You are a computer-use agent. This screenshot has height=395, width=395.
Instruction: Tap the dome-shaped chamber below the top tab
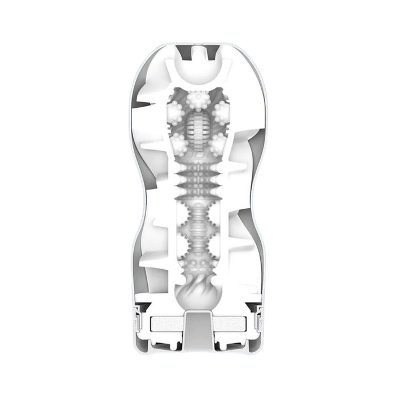[198, 72]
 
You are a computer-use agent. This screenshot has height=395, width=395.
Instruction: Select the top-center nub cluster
[197, 100]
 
